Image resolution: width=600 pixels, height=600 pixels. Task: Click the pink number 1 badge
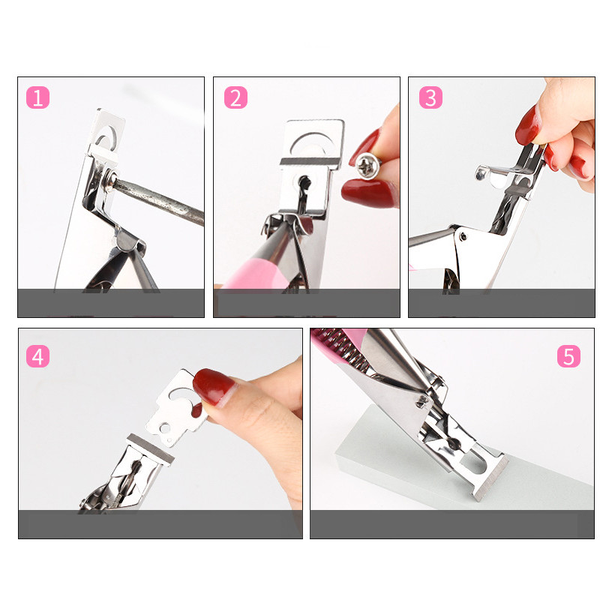click(x=38, y=97)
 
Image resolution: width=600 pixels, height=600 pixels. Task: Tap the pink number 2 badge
click(x=235, y=97)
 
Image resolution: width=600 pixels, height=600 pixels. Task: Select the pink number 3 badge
click(x=430, y=97)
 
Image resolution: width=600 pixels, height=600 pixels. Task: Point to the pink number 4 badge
click(x=38, y=356)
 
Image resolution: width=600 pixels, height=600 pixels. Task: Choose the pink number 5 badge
click(x=568, y=356)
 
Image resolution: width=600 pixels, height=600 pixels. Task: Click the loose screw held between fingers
click(x=367, y=165)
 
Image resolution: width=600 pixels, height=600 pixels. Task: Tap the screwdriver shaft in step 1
click(x=159, y=201)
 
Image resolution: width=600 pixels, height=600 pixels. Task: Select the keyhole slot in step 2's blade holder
click(x=304, y=184)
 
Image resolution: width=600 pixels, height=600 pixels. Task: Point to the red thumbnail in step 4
click(x=212, y=386)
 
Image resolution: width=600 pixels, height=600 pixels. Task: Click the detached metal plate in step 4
click(x=177, y=407)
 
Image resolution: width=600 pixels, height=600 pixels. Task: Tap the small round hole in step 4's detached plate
click(x=165, y=427)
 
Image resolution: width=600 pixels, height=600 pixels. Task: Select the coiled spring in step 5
click(x=343, y=350)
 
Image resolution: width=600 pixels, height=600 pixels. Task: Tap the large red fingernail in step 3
click(x=529, y=125)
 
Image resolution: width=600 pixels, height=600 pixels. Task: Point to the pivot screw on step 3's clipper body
click(x=463, y=236)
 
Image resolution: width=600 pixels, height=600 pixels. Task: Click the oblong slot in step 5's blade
click(x=478, y=462)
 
